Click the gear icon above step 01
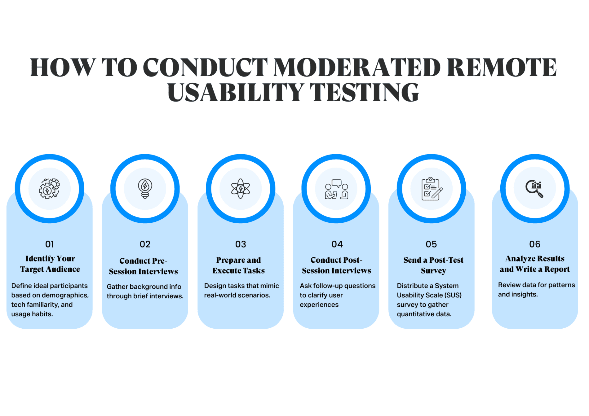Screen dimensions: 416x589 (49, 188)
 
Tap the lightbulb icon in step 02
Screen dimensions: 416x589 (145, 188)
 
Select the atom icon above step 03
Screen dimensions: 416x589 (241, 188)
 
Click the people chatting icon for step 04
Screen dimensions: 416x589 (336, 189)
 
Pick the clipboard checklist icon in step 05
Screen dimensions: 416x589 (432, 189)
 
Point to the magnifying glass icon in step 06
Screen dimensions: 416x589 (534, 188)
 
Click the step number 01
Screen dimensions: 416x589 (50, 244)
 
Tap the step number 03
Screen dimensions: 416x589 (241, 244)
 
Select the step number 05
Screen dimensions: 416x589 (431, 244)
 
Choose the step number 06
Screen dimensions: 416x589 (535, 244)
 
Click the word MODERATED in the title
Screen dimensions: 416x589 (357, 68)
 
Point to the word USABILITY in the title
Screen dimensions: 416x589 (236, 92)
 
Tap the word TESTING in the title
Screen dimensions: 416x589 (365, 92)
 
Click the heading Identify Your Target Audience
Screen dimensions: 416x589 (50, 264)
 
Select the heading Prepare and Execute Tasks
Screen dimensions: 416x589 (238, 265)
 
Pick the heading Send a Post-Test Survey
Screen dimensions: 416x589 (433, 265)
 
